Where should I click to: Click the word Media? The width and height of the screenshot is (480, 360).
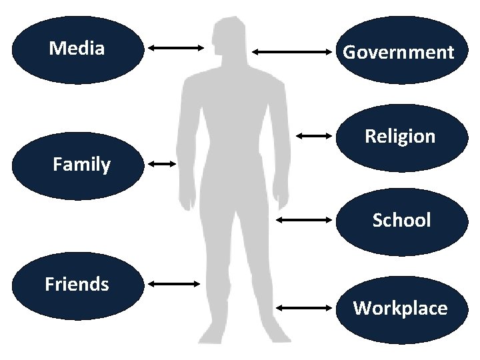(77, 48)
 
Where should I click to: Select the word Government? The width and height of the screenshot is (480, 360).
(399, 52)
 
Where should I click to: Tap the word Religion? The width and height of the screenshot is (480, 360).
(400, 137)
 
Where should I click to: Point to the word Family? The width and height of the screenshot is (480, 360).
(81, 164)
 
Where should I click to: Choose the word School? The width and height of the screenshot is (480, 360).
(401, 220)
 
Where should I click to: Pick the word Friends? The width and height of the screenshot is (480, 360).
(77, 284)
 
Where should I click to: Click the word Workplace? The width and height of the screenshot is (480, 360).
(400, 308)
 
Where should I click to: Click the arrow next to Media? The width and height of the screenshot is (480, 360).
(176, 47)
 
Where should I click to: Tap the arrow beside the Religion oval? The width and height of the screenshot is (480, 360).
(314, 136)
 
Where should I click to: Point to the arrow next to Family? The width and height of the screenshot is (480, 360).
(162, 163)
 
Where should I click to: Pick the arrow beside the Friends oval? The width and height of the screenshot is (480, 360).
(174, 284)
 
